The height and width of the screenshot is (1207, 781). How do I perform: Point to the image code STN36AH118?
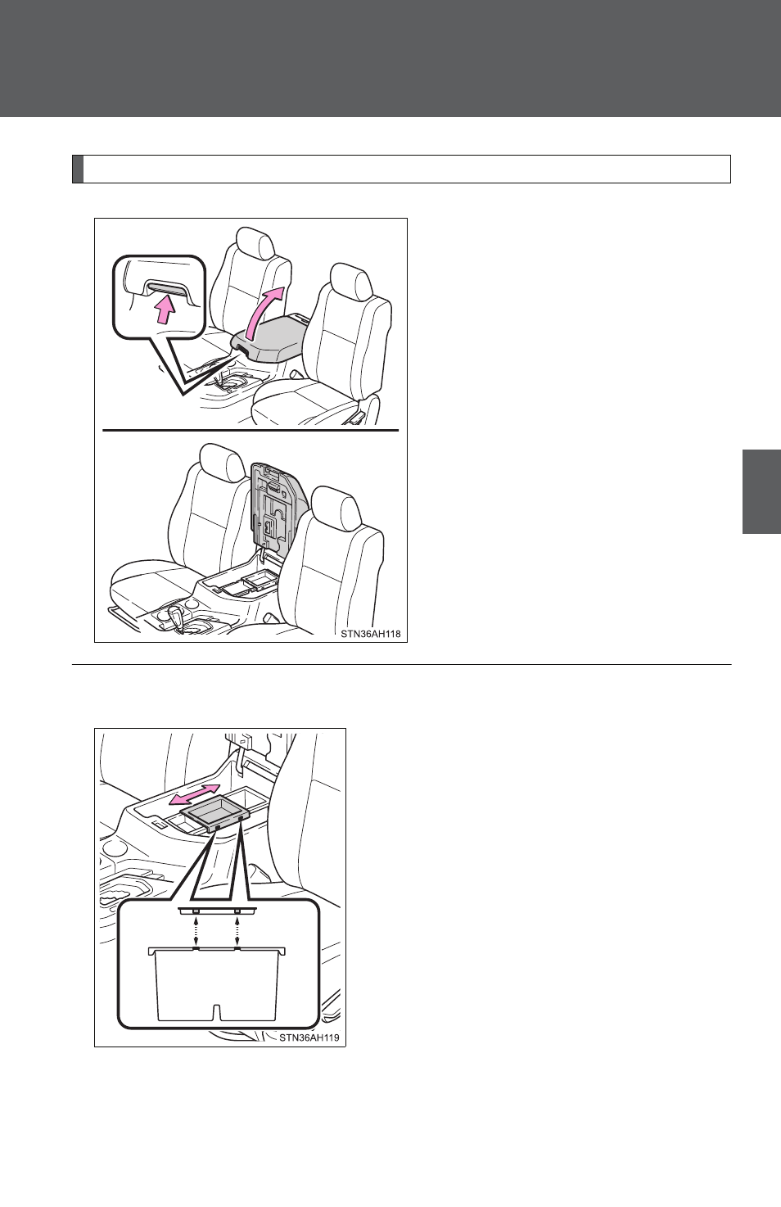tap(371, 635)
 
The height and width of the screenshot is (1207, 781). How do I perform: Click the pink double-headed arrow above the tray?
tap(194, 795)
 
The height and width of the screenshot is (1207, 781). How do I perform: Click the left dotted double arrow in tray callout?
tap(196, 930)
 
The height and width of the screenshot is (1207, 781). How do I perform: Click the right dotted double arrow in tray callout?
tap(237, 930)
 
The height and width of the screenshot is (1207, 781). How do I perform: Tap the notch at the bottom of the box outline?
tap(217, 1012)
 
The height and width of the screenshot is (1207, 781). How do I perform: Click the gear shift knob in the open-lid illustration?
tap(177, 614)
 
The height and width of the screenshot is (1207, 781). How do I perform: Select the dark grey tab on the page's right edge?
tap(761, 491)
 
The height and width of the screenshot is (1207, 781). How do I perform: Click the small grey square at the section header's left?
tap(78, 170)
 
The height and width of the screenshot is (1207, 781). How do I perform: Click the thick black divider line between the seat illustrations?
tap(251, 431)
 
